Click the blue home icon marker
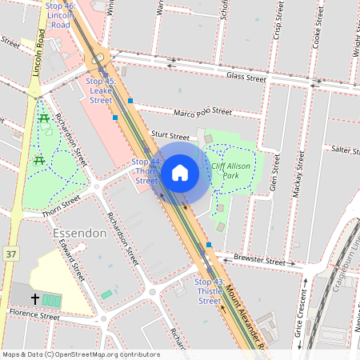180,172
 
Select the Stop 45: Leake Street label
101,90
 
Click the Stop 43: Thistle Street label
209,291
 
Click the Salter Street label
346,150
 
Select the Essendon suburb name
79,234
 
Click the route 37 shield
10,253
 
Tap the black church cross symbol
35,298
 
